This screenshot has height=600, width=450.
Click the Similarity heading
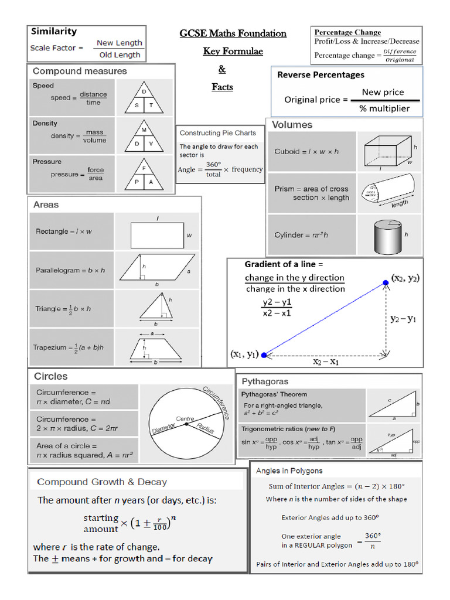click(53, 32)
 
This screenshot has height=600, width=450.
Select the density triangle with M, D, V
click(144, 137)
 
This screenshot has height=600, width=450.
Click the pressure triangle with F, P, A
click(144, 175)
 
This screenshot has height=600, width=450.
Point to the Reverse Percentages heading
click(321, 75)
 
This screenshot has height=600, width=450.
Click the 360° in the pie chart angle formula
click(213, 165)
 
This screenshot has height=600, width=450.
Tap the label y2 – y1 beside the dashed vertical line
click(404, 319)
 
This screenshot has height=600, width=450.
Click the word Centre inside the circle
click(185, 419)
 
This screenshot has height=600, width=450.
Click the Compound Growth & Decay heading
click(102, 482)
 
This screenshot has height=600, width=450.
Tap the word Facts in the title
click(222, 87)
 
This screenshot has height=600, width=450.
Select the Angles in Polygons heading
click(289, 471)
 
